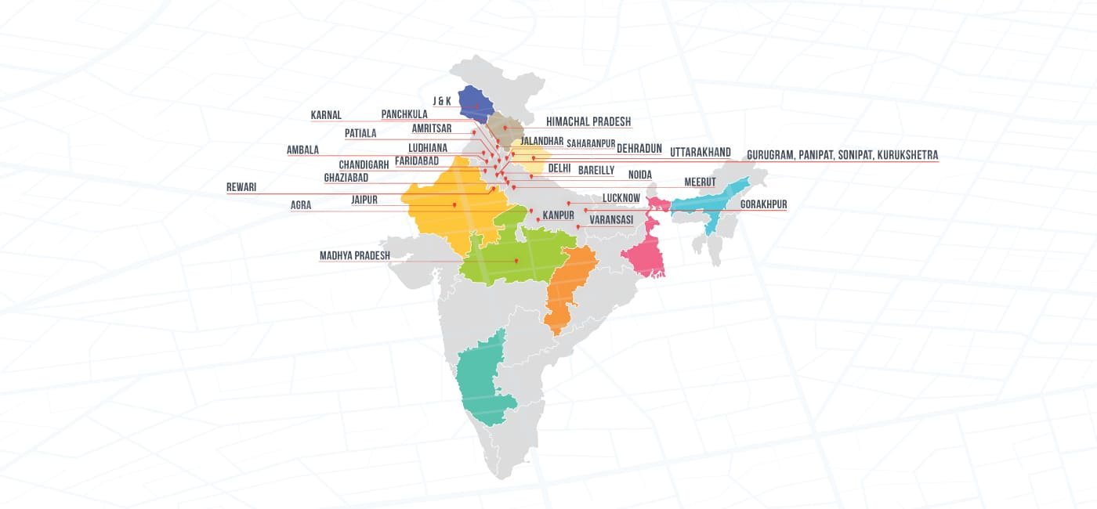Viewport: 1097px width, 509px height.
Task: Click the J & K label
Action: pyautogui.click(x=441, y=101)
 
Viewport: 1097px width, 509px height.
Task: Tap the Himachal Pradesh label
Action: pyautogui.click(x=588, y=122)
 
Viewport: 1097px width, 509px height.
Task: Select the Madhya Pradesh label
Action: pyautogui.click(x=354, y=255)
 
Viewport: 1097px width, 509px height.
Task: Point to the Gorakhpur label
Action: pyautogui.click(x=763, y=204)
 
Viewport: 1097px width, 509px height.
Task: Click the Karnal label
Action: pyautogui.click(x=326, y=115)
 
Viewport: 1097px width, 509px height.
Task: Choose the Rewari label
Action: pyautogui.click(x=241, y=187)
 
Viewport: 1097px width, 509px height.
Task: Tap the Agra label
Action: pyautogui.click(x=301, y=205)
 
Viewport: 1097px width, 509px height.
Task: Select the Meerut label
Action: pyautogui.click(x=700, y=182)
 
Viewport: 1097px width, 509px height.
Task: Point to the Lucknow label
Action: pyautogui.click(x=621, y=199)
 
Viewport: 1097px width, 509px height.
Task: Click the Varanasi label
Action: pyautogui.click(x=611, y=220)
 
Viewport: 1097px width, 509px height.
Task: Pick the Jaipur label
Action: pyautogui.click(x=364, y=200)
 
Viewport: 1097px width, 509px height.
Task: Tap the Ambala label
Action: pyautogui.click(x=302, y=150)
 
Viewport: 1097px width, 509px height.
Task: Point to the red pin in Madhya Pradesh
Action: pyautogui.click(x=517, y=261)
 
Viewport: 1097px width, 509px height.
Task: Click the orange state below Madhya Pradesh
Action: pyautogui.click(x=566, y=290)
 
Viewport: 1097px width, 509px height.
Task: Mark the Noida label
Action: pyautogui.click(x=639, y=174)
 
